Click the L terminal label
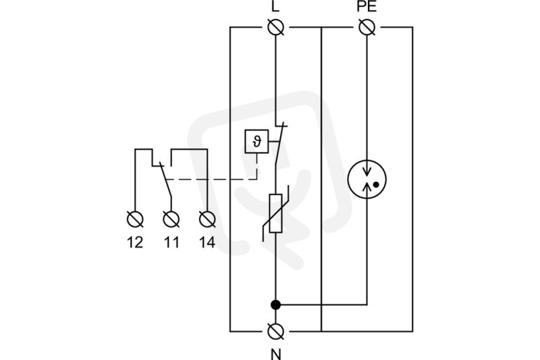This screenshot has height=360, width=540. [275, 7]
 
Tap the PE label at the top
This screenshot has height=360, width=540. [367, 7]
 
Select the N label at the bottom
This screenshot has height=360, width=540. [275, 354]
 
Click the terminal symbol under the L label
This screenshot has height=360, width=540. [275, 27]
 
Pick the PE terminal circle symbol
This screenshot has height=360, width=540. [367, 27]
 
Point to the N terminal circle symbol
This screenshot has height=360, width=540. [275, 332]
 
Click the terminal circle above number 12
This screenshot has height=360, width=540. [135, 220]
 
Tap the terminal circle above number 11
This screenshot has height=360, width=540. [171, 220]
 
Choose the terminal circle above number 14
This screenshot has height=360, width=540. [207, 220]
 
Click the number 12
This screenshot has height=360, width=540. [135, 242]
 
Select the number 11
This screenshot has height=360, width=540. [171, 242]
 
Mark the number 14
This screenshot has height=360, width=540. [207, 242]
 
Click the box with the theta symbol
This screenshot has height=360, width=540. [256, 141]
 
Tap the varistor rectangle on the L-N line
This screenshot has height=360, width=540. [275, 213]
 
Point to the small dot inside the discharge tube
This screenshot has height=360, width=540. [376, 184]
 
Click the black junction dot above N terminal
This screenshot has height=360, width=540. [275, 305]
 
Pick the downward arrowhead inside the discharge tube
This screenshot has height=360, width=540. [367, 171]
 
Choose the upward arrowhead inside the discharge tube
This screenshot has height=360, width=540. [367, 186]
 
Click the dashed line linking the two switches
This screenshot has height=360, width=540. [211, 180]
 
